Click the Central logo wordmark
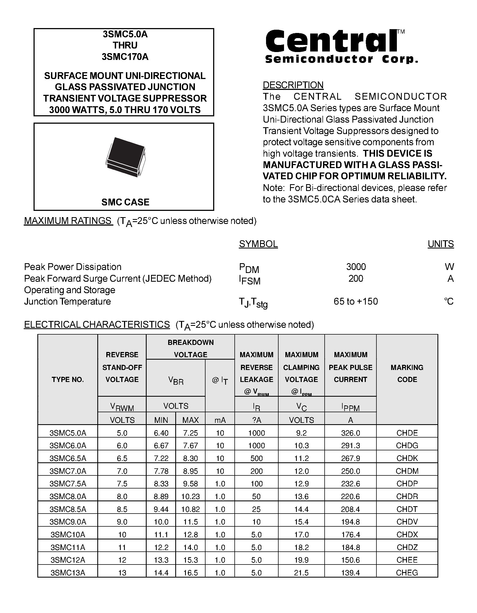click(331, 41)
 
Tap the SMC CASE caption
click(125, 202)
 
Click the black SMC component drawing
click(125, 157)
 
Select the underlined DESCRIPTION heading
click(293, 85)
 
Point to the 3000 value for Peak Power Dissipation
click(356, 266)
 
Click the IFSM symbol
click(249, 280)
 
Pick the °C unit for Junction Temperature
click(449, 301)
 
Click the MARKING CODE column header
click(407, 373)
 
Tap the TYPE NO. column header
click(68, 380)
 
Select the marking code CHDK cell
click(407, 458)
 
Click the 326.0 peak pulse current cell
click(350, 433)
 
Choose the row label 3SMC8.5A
click(68, 509)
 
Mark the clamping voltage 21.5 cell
click(301, 573)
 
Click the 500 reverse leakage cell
click(256, 458)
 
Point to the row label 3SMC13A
click(68, 573)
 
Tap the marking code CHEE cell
click(407, 560)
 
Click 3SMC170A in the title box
click(125, 57)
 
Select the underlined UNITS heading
click(440, 244)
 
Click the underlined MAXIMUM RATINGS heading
click(68, 221)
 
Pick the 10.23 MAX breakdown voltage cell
click(190, 496)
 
